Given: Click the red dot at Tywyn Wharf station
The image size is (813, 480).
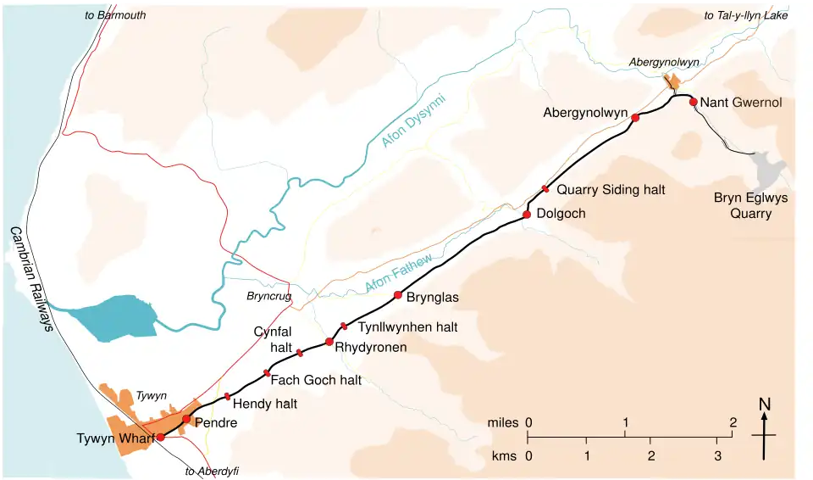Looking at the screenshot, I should (160, 437).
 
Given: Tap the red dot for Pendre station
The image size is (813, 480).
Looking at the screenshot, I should (186, 419).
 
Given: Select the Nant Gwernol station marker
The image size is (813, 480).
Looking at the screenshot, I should (693, 103).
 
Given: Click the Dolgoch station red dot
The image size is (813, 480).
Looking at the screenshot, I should (527, 215).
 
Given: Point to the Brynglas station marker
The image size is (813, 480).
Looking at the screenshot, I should (398, 295).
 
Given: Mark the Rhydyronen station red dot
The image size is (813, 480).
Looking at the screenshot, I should (329, 342).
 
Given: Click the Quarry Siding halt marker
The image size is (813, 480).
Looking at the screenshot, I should (546, 188).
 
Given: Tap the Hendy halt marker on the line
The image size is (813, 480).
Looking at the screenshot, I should (227, 396).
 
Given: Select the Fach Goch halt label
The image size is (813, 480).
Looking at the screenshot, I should (316, 380).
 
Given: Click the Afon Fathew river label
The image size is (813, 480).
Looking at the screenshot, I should (400, 273).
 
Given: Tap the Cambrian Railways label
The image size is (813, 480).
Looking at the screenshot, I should (31, 281).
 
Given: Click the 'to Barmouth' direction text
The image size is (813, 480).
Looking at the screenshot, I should (116, 15).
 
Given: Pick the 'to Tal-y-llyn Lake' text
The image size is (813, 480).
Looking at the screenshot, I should (745, 15).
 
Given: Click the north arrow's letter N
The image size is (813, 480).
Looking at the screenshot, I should (764, 405).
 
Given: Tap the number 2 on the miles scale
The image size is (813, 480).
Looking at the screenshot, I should (733, 421).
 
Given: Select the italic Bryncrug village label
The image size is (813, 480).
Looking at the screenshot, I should (268, 297).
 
